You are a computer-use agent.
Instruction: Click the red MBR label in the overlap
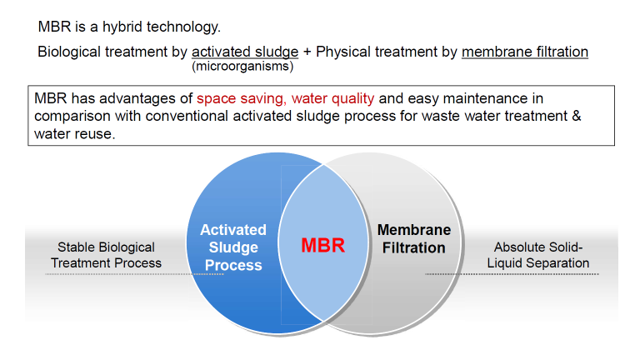(x=322, y=247)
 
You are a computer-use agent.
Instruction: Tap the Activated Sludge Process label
(x=233, y=247)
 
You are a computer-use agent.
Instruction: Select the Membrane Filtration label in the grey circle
(x=414, y=238)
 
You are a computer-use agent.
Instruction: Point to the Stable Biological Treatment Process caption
(x=106, y=255)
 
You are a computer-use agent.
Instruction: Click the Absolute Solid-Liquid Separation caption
(x=542, y=255)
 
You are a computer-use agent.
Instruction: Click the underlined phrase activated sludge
(x=245, y=52)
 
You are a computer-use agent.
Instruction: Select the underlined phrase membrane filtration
(x=525, y=52)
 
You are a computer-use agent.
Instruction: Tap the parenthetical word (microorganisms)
(x=242, y=66)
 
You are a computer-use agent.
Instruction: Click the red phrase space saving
(x=240, y=98)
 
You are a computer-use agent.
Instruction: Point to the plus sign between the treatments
(x=307, y=52)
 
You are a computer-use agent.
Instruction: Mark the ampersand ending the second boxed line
(x=576, y=116)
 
